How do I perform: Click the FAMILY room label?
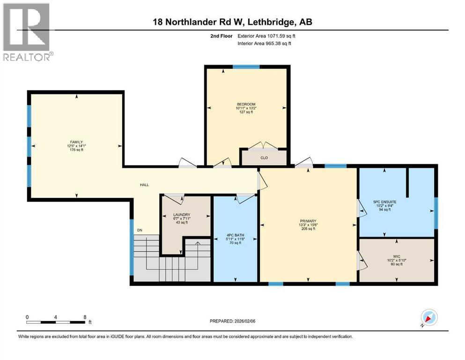(x=76, y=142)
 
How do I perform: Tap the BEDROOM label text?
(x=246, y=104)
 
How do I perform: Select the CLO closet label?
(x=264, y=158)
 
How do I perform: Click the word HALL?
(x=144, y=185)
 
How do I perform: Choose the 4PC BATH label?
(x=236, y=235)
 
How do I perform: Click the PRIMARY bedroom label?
(x=309, y=221)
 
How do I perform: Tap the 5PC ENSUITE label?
(x=384, y=202)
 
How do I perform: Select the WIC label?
(x=397, y=256)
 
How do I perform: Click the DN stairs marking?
(x=140, y=230)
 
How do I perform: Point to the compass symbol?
(x=428, y=318)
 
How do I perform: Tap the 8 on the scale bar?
(x=85, y=317)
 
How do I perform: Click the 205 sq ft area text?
(x=309, y=229)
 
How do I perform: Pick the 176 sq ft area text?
(x=76, y=150)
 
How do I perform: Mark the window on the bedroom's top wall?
(x=246, y=67)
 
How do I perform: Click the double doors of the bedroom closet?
(x=263, y=146)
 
